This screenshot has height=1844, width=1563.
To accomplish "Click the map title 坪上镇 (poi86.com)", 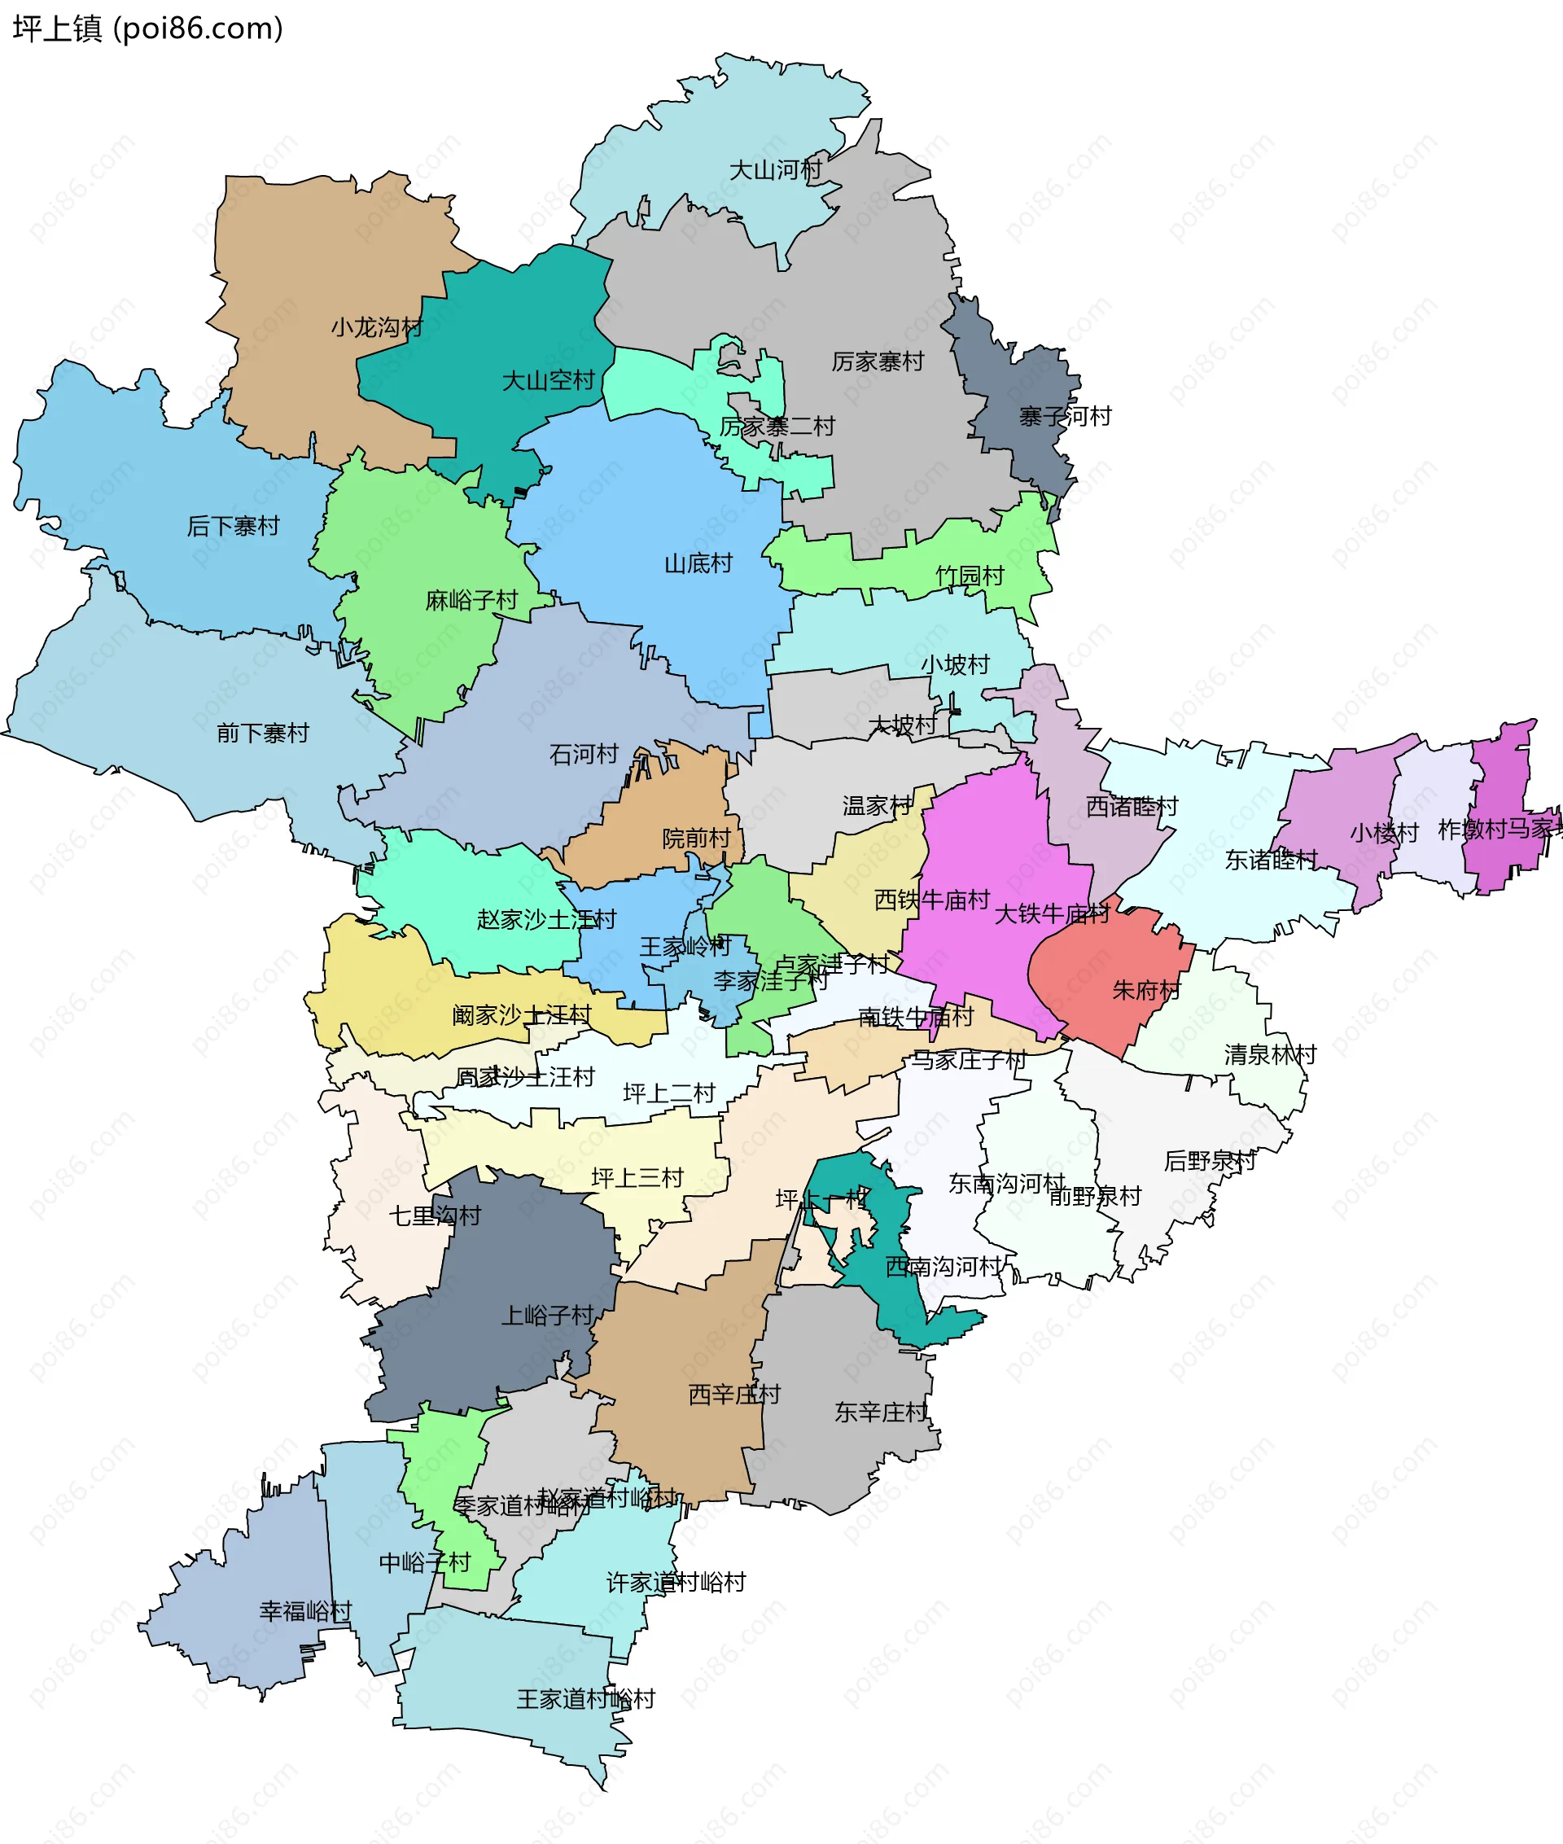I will [147, 28].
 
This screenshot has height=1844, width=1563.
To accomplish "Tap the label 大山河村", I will [775, 170].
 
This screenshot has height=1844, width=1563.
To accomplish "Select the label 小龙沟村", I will [378, 328].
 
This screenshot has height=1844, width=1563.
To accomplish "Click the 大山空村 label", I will [549, 381].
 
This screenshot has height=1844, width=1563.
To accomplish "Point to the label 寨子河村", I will [1065, 417].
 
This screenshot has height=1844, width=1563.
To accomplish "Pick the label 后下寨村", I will [233, 527].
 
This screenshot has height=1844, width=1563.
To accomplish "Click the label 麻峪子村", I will [471, 601].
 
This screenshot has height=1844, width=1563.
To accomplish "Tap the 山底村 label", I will [698, 563].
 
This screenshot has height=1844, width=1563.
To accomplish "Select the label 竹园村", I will [970, 576].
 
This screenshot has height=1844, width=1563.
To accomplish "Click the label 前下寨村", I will [263, 734].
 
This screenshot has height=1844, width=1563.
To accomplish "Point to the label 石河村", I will [583, 755].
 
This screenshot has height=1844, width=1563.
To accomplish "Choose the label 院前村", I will [697, 839].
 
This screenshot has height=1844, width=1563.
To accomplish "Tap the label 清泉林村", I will [1270, 1054].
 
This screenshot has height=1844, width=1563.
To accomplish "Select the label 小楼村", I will [1384, 833].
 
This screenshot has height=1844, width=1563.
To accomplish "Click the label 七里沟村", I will [435, 1215].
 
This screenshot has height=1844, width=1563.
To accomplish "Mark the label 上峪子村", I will [548, 1315].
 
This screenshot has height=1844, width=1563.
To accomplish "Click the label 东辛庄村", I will [881, 1413].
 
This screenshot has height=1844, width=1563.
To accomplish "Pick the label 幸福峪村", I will [306, 1611].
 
